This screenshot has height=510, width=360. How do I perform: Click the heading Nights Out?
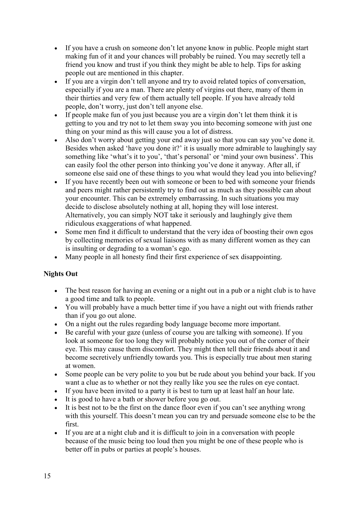(x=60, y=274)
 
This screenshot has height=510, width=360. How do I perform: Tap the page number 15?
(x=47, y=476)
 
